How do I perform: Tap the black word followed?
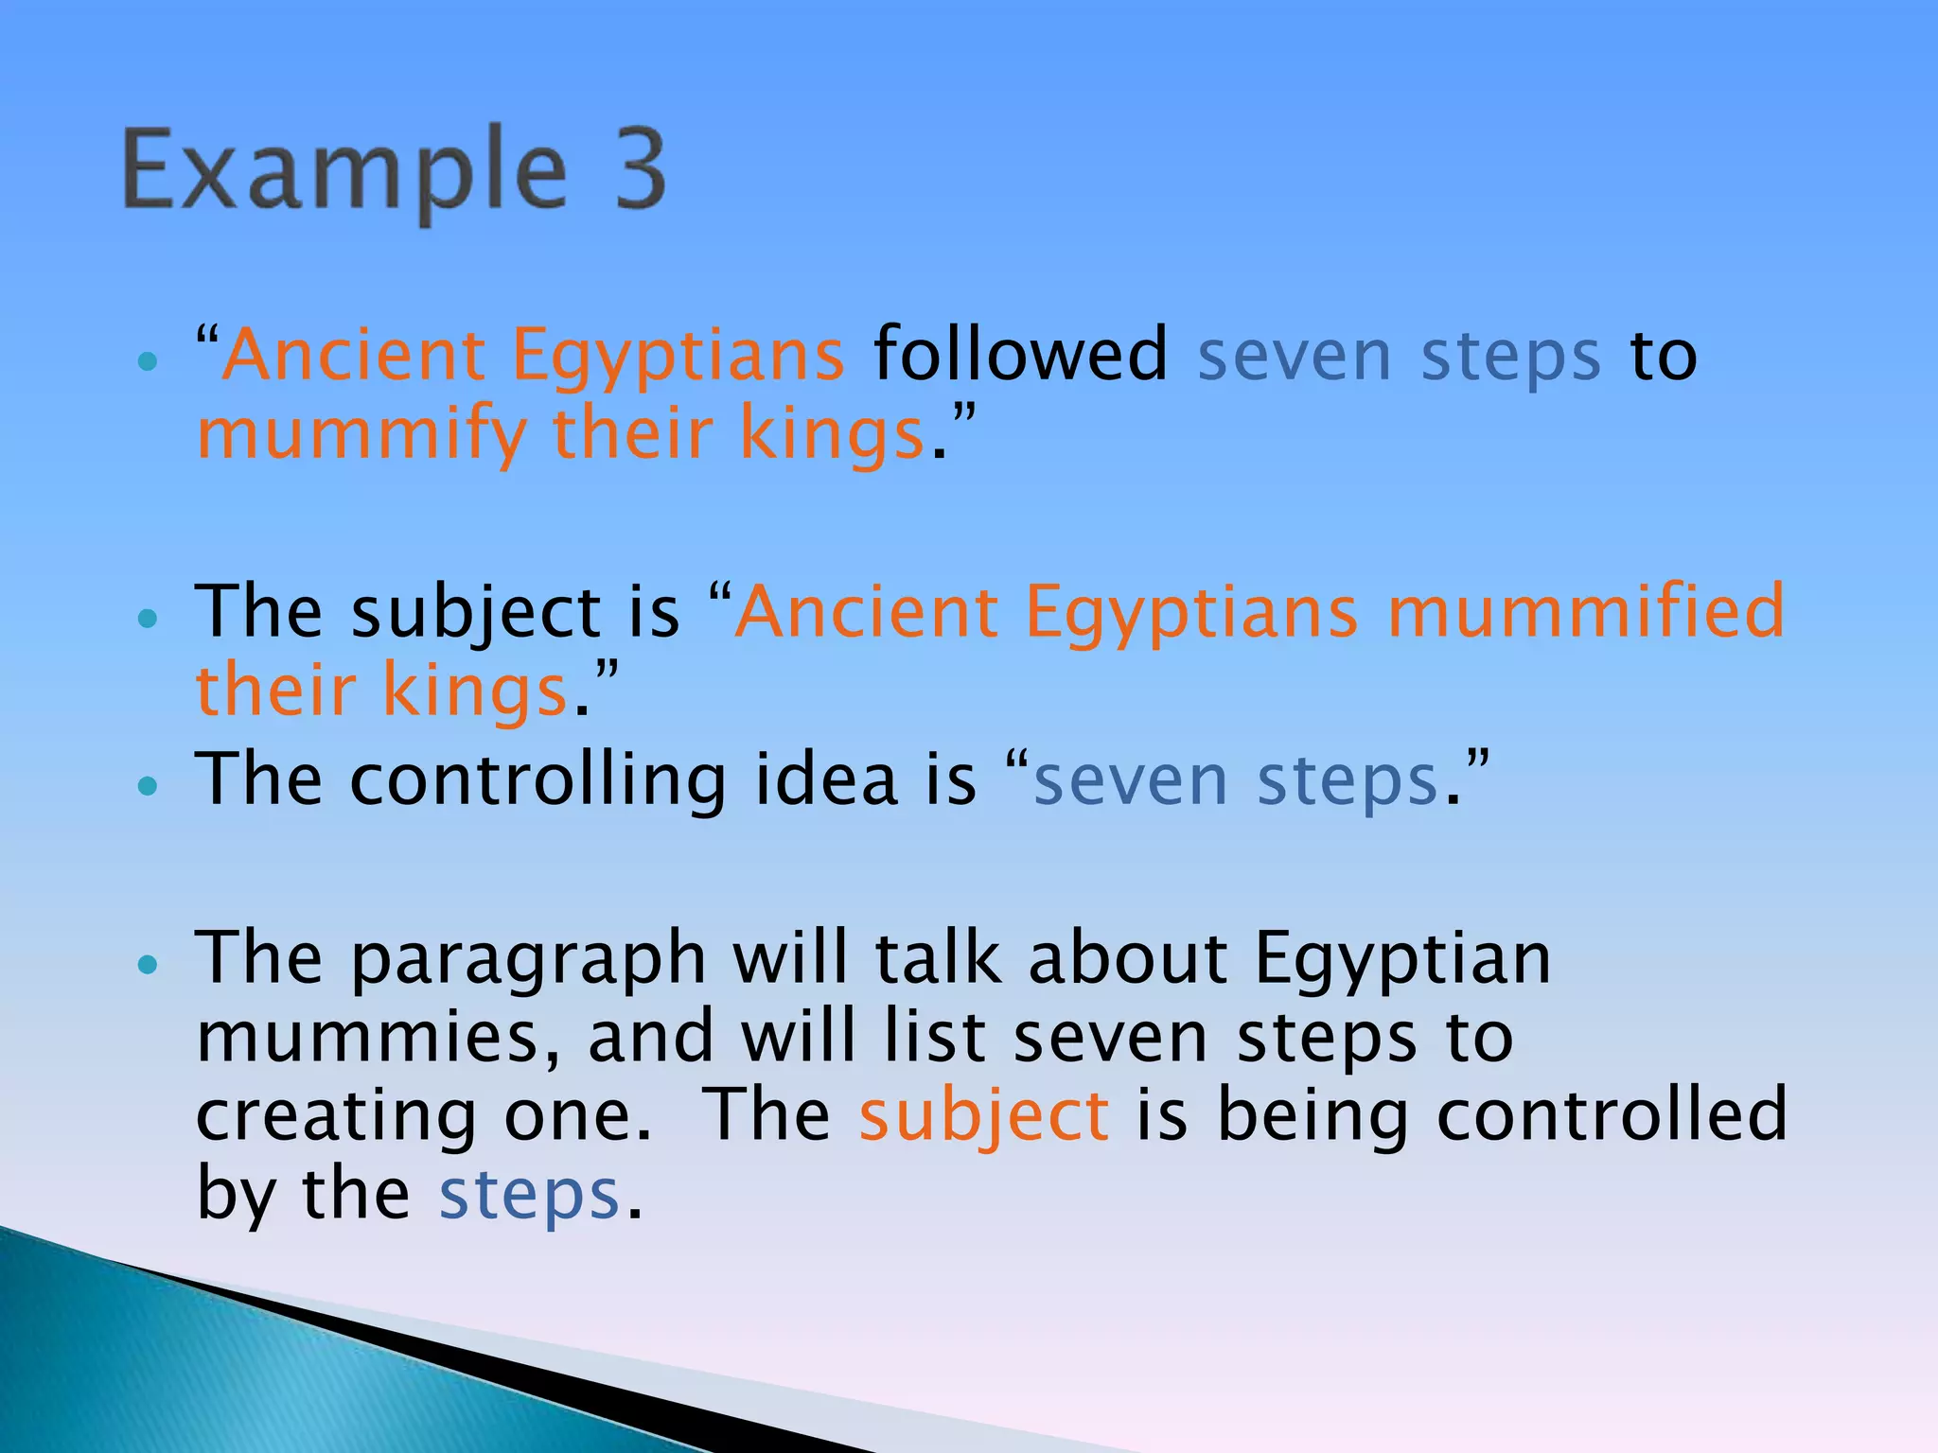1020,355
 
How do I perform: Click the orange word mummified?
1586,612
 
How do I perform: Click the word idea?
826,780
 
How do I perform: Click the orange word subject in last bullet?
983,1117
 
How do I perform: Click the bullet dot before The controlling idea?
147,785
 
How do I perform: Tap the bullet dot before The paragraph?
147,965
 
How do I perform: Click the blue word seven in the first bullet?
1294,357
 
